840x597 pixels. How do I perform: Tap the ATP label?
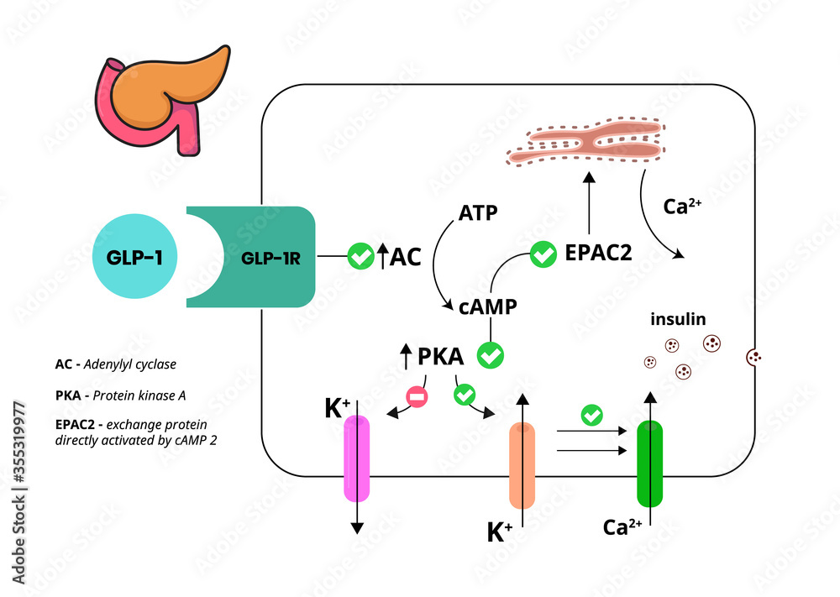pyautogui.click(x=478, y=213)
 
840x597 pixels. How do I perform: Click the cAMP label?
pyautogui.click(x=488, y=306)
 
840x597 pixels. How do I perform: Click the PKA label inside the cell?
pyautogui.click(x=440, y=356)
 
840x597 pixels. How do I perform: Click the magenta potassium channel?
pyautogui.click(x=357, y=458)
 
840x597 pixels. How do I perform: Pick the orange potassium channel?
pyautogui.click(x=522, y=465)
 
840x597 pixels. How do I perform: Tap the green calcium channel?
pyautogui.click(x=650, y=464)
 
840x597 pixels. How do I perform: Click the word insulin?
pyautogui.click(x=678, y=319)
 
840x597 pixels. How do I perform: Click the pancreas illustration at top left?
pyautogui.click(x=164, y=99)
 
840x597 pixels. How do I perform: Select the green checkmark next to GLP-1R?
pyautogui.click(x=361, y=255)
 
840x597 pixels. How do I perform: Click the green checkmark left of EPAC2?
pyautogui.click(x=543, y=253)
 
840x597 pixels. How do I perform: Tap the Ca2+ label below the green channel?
pyautogui.click(x=622, y=527)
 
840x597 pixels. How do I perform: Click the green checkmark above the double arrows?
pyautogui.click(x=592, y=415)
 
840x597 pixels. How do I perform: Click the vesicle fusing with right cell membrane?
pyautogui.click(x=753, y=358)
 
